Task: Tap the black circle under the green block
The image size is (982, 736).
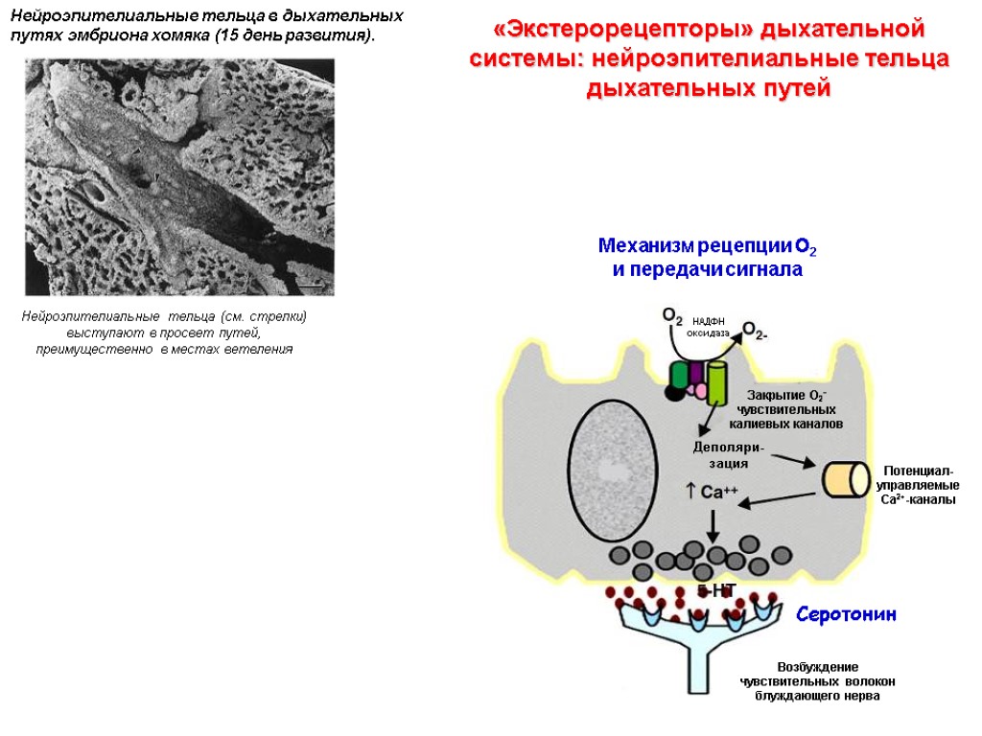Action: click(x=674, y=392)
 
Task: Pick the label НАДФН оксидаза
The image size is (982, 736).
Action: click(x=708, y=327)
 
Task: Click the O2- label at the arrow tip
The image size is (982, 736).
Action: click(x=756, y=332)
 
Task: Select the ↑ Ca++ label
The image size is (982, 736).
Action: click(x=711, y=492)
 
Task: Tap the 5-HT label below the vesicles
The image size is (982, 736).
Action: click(x=716, y=591)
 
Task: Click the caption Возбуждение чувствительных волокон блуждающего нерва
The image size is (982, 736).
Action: click(x=817, y=680)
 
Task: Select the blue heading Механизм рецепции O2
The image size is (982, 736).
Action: click(x=708, y=247)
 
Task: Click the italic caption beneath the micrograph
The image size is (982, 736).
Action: click(x=164, y=332)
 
